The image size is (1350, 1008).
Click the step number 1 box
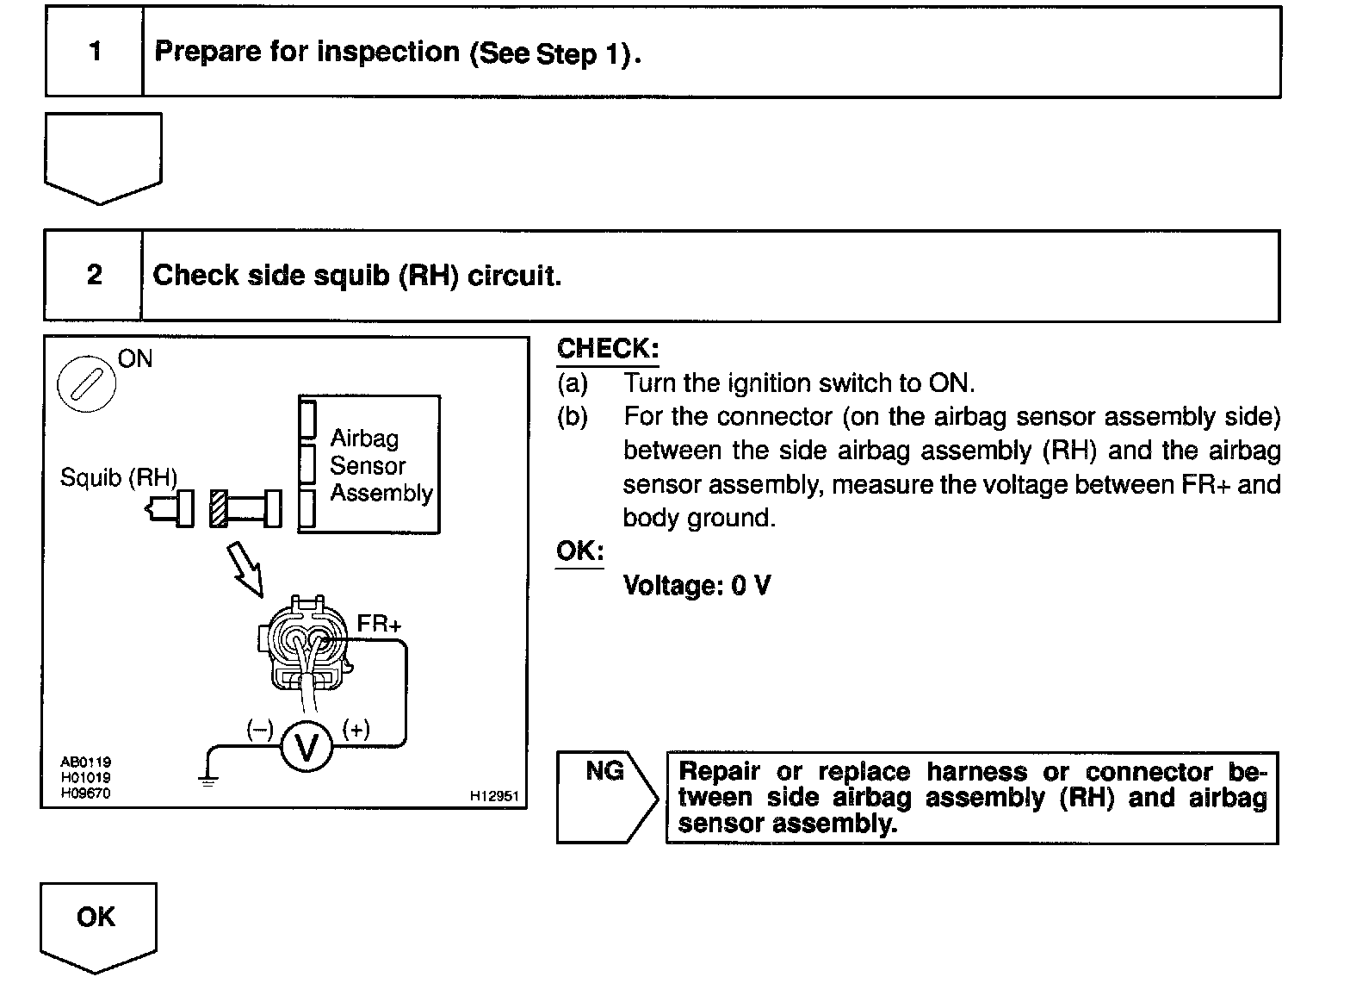coord(95,52)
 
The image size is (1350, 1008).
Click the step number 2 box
coord(94,276)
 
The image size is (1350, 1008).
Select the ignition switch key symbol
coord(86,383)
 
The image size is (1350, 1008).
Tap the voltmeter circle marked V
coord(307,747)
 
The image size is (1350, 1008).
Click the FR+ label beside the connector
coord(379,624)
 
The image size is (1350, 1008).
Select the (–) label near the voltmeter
coord(259,730)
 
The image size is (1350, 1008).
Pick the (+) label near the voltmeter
coord(356,730)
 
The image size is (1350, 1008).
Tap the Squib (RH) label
coord(118,477)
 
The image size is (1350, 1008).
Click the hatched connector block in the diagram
coord(219,508)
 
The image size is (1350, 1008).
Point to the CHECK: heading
coord(608,349)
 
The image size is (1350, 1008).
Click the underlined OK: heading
coord(579,551)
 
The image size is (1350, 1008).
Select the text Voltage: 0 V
coord(697,586)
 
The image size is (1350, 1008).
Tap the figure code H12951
coord(494,796)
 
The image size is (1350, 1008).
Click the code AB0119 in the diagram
coord(85,762)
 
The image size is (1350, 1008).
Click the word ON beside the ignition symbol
coord(135,358)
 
